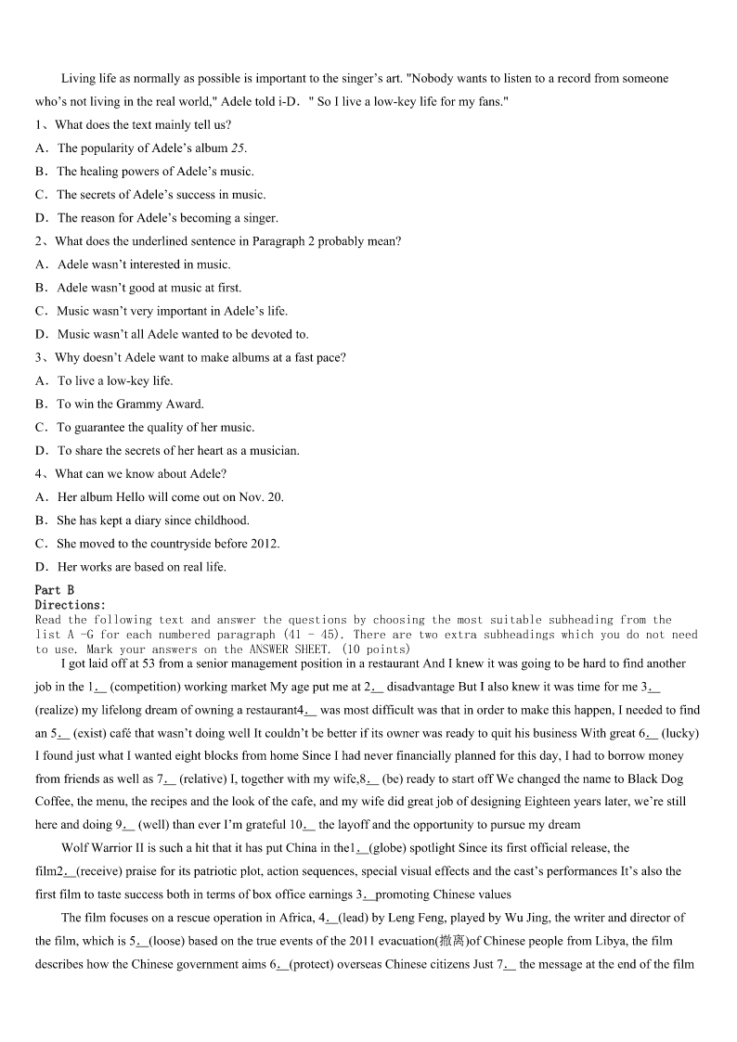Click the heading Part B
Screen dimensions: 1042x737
pos(54,590)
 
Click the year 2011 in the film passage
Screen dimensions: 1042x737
pos(354,941)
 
